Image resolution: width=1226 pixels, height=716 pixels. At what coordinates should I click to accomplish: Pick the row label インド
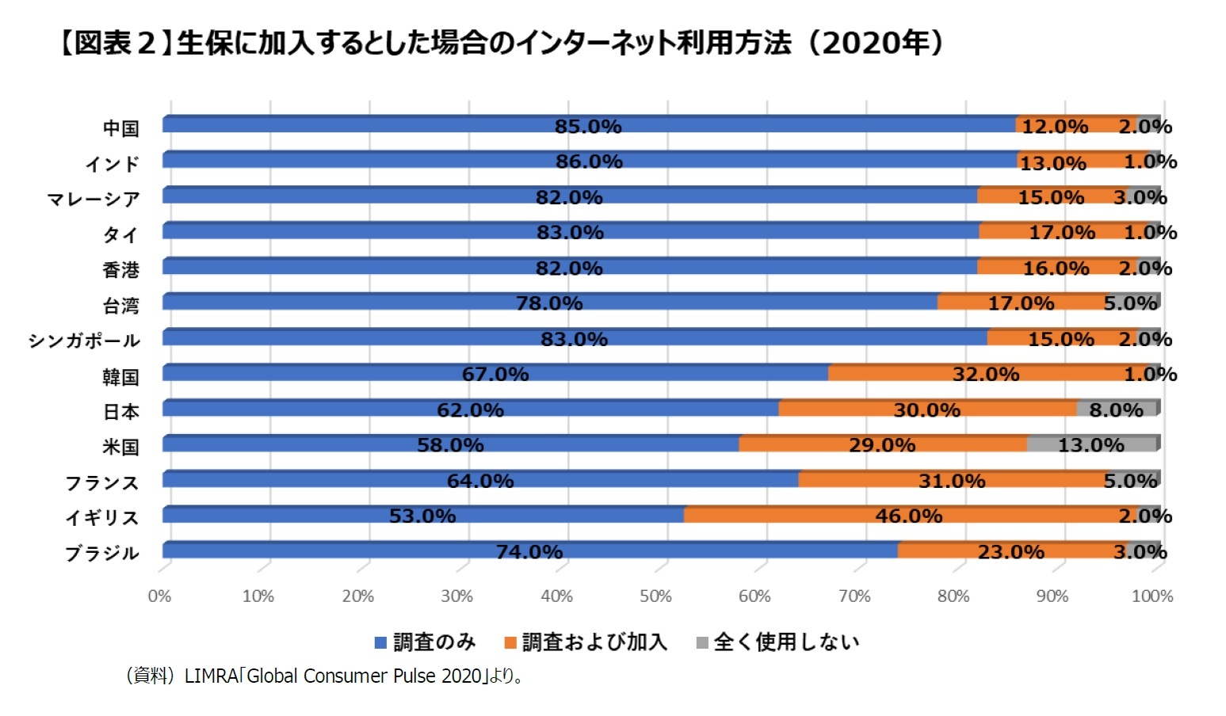pyautogui.click(x=113, y=164)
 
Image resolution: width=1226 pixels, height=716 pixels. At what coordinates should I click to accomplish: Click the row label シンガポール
pyautogui.click(x=84, y=341)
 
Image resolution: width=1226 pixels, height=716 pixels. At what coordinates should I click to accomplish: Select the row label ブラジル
pyautogui.click(x=101, y=553)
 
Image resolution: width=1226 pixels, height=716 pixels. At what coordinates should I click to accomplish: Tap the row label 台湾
pyautogui.click(x=120, y=306)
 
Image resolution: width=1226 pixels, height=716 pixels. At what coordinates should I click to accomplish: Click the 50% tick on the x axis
pyautogui.click(x=655, y=596)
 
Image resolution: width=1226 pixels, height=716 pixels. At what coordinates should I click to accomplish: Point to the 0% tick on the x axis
pyautogui.click(x=159, y=596)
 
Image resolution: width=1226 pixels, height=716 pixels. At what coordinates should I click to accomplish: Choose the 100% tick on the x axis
pyautogui.click(x=1152, y=596)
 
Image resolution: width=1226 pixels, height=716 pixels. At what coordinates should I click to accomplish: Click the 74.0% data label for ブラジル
pyautogui.click(x=529, y=551)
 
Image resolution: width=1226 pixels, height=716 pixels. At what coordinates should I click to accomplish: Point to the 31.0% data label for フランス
pyautogui.click(x=951, y=481)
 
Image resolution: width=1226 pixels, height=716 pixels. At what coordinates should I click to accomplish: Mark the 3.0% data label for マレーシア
pyautogui.click(x=1140, y=197)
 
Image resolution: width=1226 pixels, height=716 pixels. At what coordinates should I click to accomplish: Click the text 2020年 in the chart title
pyautogui.click(x=875, y=43)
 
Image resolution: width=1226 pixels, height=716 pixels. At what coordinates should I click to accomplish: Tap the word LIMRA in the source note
pyautogui.click(x=211, y=676)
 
